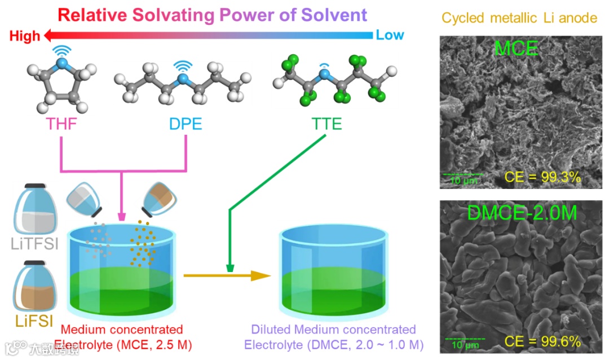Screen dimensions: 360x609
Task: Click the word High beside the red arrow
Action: pos(25,36)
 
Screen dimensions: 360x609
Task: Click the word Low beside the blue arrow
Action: pos(390,35)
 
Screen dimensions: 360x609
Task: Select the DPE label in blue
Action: pos(186,124)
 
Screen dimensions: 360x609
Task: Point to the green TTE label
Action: pos(326,124)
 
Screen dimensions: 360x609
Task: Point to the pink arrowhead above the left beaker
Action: pos(122,217)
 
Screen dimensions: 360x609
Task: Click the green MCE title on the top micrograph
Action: pos(515,49)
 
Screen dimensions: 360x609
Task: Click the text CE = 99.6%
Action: pos(542,341)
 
